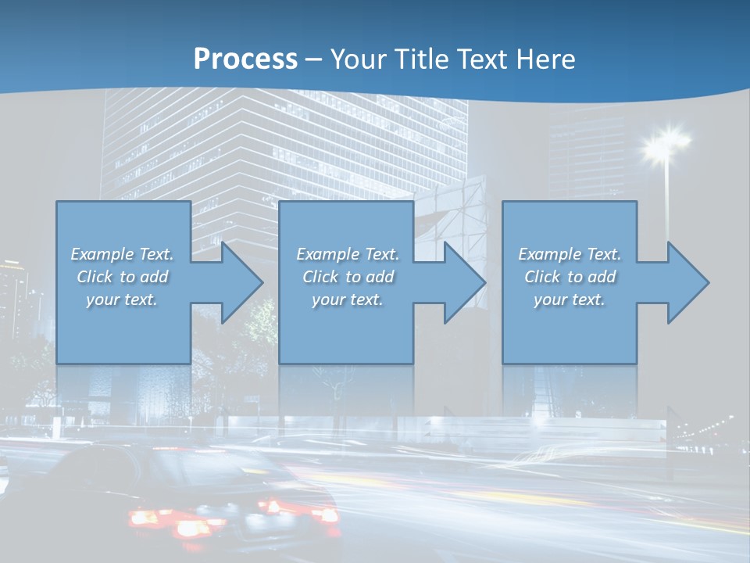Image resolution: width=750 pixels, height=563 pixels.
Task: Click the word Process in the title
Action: point(245,59)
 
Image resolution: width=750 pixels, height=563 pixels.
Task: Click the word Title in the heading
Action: point(419,59)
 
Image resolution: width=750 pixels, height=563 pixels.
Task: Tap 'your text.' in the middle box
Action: point(348,299)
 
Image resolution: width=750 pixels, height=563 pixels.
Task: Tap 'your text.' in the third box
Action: point(570,299)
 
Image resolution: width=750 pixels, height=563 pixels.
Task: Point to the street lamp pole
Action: point(667,203)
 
